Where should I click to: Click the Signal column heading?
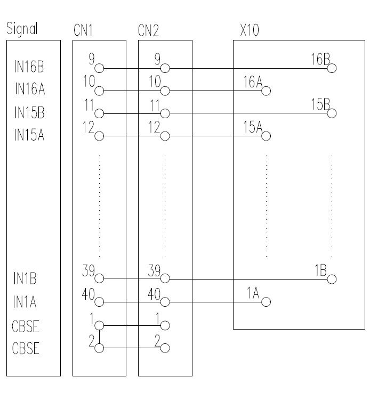tap(22, 29)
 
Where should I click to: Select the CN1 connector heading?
tap(83, 30)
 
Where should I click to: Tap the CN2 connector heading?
tap(148, 30)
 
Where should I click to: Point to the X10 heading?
tap(249, 30)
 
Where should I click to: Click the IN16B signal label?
tap(29, 67)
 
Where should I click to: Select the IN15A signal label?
tap(29, 135)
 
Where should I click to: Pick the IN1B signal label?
tap(25, 278)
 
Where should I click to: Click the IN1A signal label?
tap(25, 303)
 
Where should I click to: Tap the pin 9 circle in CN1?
tap(99, 68)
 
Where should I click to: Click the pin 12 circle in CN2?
tap(165, 136)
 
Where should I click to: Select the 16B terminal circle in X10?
tap(332, 68)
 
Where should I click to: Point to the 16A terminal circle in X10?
tap(266, 91)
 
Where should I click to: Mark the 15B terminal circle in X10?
tap(332, 113)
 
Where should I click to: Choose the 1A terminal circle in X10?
tap(266, 302)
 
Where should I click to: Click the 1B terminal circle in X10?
tap(332, 279)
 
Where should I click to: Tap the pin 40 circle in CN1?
tap(99, 302)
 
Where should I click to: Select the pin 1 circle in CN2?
tap(165, 325)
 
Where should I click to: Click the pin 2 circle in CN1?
tap(99, 348)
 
